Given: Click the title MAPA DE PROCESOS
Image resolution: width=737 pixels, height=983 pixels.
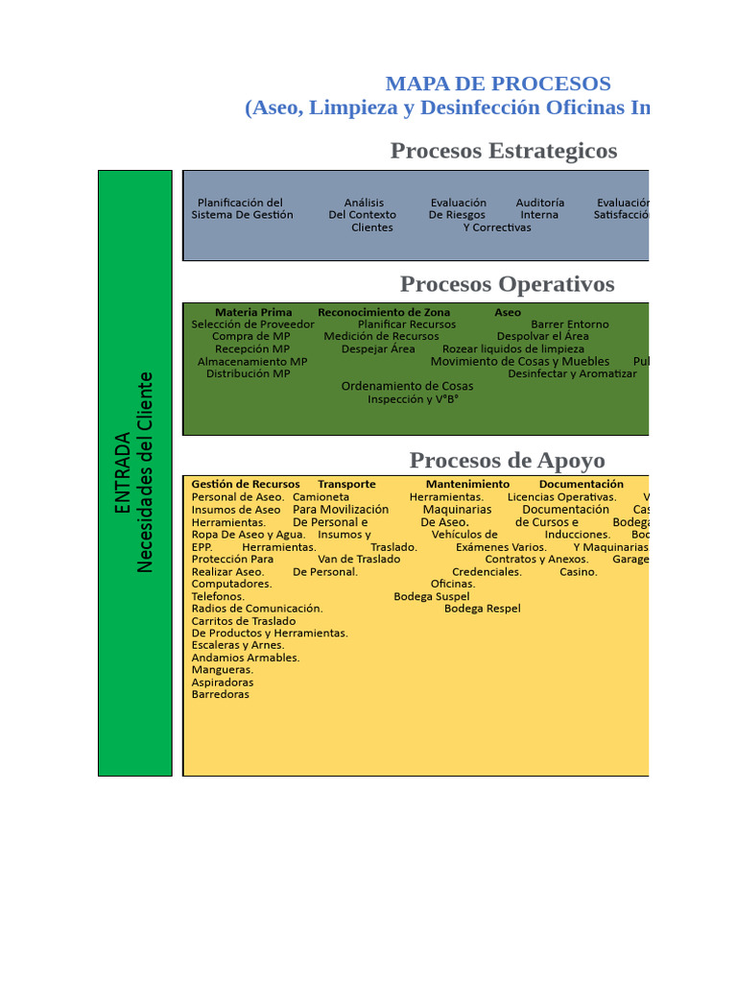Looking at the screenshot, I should pyautogui.click(x=497, y=84).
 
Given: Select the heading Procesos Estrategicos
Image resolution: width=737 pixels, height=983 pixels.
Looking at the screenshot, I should pyautogui.click(x=503, y=151).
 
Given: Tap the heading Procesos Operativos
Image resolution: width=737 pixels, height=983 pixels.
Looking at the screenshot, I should pyautogui.click(x=507, y=284).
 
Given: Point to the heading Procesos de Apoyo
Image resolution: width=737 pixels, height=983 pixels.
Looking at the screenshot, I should pyautogui.click(x=507, y=460).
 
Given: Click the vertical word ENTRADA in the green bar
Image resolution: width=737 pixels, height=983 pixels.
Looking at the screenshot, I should pyautogui.click(x=123, y=472).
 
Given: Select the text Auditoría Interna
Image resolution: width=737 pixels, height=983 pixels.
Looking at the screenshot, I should pyautogui.click(x=539, y=208).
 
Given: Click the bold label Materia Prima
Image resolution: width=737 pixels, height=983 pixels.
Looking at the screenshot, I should pyautogui.click(x=253, y=312).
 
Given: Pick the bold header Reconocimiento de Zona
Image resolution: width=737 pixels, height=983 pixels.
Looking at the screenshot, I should pyautogui.click(x=384, y=312).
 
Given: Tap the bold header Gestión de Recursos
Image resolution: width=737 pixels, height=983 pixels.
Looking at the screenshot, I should pyautogui.click(x=246, y=484).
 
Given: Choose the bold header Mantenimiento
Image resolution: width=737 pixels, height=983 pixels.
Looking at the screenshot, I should pyautogui.click(x=467, y=484).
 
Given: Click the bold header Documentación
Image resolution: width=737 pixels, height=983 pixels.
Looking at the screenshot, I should pyautogui.click(x=581, y=484).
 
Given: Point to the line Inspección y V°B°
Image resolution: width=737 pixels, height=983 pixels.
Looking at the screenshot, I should pyautogui.click(x=413, y=398).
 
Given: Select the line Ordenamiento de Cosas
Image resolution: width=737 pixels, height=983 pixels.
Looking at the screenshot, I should pyautogui.click(x=407, y=386).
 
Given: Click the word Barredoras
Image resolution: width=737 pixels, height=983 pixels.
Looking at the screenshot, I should pyautogui.click(x=220, y=694).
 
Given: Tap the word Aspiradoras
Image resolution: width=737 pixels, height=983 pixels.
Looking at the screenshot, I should pyautogui.click(x=223, y=682).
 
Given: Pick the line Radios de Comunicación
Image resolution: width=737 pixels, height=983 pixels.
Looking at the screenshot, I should pyautogui.click(x=257, y=608).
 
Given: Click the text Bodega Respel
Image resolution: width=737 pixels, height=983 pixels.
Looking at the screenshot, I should pyautogui.click(x=482, y=608).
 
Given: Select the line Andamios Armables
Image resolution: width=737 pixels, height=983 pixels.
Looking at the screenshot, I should pyautogui.click(x=246, y=658).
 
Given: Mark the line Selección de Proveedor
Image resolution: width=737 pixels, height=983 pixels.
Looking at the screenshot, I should pyautogui.click(x=252, y=324).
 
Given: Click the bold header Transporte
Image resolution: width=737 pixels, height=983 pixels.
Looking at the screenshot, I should pyautogui.click(x=346, y=484).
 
